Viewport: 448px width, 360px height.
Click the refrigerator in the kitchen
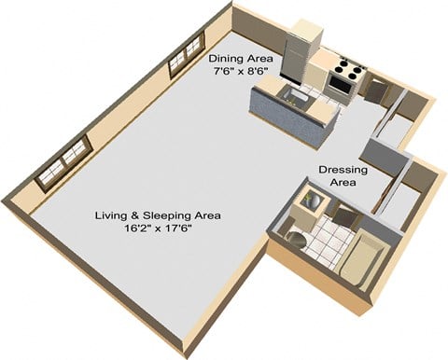(303, 47)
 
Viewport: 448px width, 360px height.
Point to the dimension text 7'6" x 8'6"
(241, 71)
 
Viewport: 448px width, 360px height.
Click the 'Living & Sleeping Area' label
(157, 215)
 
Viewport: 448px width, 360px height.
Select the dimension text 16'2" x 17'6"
(157, 228)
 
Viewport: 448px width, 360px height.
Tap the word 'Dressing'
(343, 170)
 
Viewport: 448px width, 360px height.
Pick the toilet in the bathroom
(294, 237)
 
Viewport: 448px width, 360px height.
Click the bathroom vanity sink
(304, 200)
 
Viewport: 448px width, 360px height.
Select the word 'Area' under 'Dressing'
(343, 185)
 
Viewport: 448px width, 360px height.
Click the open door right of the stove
(375, 90)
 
